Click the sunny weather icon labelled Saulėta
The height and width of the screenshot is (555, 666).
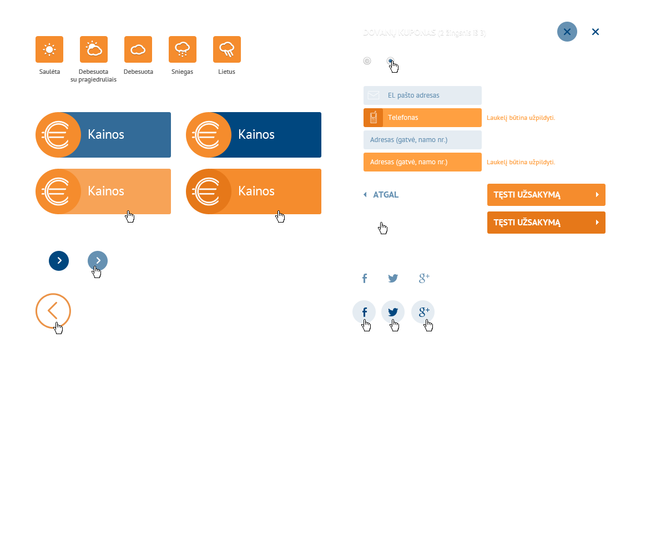tap(49, 49)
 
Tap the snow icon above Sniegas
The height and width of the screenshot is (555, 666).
tap(183, 49)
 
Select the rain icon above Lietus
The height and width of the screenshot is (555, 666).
tap(227, 49)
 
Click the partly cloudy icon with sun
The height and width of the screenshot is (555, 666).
tap(94, 49)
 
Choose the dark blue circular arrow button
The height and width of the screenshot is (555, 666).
tap(59, 261)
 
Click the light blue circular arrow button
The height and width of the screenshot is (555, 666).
tap(98, 260)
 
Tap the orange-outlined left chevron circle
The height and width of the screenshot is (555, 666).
tap(53, 311)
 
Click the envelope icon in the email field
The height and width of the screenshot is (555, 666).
tap(374, 95)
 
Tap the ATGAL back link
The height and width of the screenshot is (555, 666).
tap(386, 195)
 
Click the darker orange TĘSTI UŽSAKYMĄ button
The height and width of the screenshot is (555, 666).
tap(546, 223)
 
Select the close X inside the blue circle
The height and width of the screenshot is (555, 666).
tap(567, 32)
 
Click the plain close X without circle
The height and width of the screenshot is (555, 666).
tap(596, 32)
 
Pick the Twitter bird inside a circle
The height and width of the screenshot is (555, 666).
tap(393, 312)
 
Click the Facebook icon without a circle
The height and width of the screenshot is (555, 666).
tap(365, 279)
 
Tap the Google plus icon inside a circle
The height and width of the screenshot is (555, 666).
tap(423, 312)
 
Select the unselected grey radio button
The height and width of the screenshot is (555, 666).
tap(367, 61)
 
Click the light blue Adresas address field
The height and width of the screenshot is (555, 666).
tap(422, 140)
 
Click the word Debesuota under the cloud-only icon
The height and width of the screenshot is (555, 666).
tap(138, 72)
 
